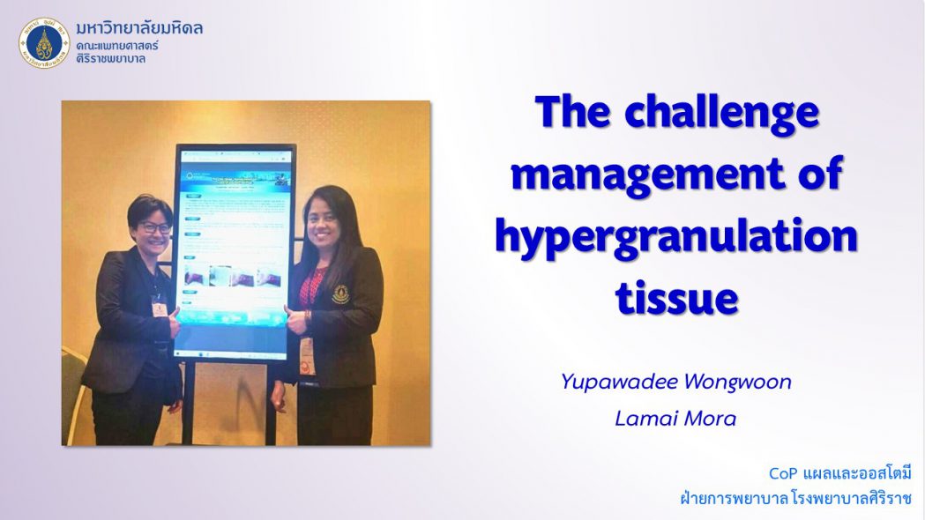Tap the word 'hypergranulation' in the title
tap(676, 236)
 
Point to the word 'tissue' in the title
tap(676, 298)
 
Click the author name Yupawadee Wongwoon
tap(675, 382)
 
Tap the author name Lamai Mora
tap(675, 419)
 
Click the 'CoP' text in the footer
tap(783, 473)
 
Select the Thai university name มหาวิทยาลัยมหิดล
tap(139, 28)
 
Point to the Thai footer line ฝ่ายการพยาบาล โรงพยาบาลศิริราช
tap(795, 499)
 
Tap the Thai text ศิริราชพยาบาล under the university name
tap(111, 58)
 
